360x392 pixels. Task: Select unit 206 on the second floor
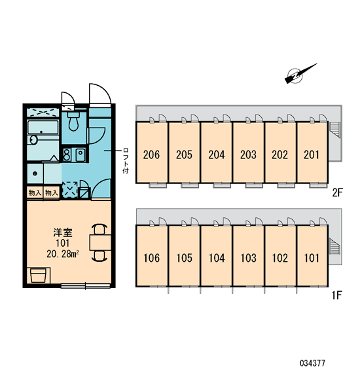coord(152,152)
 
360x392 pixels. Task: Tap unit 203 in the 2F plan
coord(248,152)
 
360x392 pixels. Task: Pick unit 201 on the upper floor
coord(312,152)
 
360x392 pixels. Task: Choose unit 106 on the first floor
coord(152,255)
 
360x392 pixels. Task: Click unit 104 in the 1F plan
coord(216,255)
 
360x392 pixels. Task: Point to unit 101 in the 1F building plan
coord(312,255)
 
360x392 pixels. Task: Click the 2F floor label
coord(336,192)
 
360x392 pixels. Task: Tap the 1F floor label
coord(336,296)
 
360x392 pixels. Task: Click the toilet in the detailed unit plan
coord(73,121)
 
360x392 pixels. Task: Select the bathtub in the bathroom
coord(43,127)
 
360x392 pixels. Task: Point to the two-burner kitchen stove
coord(67,155)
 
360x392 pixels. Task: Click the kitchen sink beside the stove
coord(81,155)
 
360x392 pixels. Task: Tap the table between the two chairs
coord(101,242)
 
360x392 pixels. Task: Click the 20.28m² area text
coord(63,255)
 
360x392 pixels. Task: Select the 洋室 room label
coord(63,233)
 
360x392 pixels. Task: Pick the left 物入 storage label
coord(35,193)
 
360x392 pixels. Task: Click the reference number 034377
coord(312,363)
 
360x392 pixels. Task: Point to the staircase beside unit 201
coord(334,130)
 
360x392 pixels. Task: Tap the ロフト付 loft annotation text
coord(126,161)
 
